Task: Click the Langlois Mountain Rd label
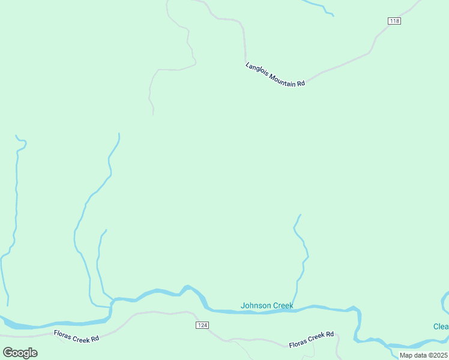tap(276, 75)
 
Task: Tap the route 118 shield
tap(394, 21)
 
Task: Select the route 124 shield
tap(202, 325)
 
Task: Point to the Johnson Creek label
tap(267, 305)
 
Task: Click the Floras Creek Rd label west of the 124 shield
tap(76, 336)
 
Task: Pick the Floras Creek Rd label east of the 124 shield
tap(311, 340)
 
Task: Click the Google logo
tap(20, 352)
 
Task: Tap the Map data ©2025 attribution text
tap(423, 355)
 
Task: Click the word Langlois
tap(256, 69)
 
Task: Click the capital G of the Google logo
tap(8, 352)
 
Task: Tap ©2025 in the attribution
tap(436, 355)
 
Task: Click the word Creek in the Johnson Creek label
tap(283, 305)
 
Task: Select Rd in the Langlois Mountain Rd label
tap(301, 83)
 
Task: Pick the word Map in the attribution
tap(406, 355)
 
